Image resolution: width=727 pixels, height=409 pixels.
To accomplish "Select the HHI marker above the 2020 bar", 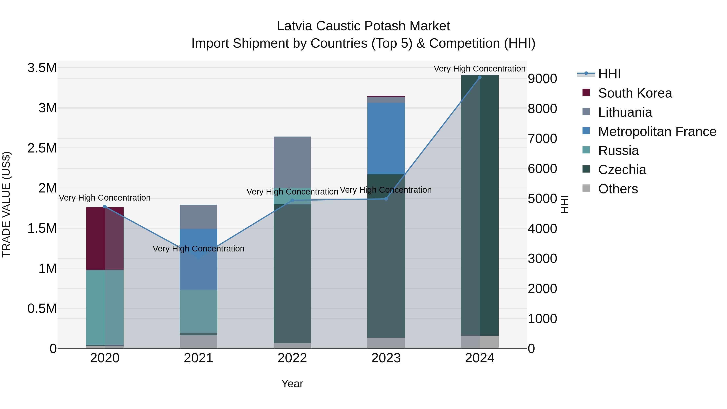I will pos(105,207).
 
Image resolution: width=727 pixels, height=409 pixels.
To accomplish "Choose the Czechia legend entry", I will pos(622,170).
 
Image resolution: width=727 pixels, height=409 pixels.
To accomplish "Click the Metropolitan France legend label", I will pos(657,131).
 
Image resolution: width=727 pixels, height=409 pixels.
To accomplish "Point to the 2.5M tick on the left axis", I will pos(42,148).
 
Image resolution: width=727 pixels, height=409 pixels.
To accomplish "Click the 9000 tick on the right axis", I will pos(542,79).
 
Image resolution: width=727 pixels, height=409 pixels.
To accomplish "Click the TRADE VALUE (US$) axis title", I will pos(6,204).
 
